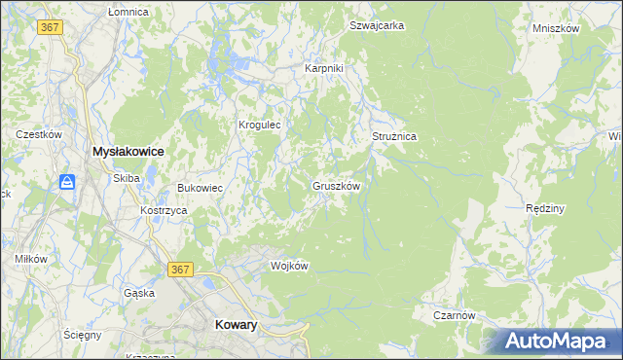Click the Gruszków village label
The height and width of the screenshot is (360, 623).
coord(338,185)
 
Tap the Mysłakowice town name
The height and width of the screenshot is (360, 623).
coord(127,152)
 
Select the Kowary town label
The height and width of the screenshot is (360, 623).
coord(235,326)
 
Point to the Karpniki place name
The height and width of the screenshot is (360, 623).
coord(324,68)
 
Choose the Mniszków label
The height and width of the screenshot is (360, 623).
coord(556,28)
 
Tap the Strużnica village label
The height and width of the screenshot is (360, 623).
coord(394,137)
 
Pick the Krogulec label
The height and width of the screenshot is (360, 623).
coord(260,125)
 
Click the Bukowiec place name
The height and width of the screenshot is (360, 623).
coord(201,188)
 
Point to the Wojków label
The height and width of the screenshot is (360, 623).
coord(289,267)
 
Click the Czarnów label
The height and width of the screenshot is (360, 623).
coord(454,315)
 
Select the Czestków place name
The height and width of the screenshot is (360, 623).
coord(39,134)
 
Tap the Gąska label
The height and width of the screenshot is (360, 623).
coord(139,292)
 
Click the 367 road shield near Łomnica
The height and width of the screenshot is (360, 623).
coord(51,27)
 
